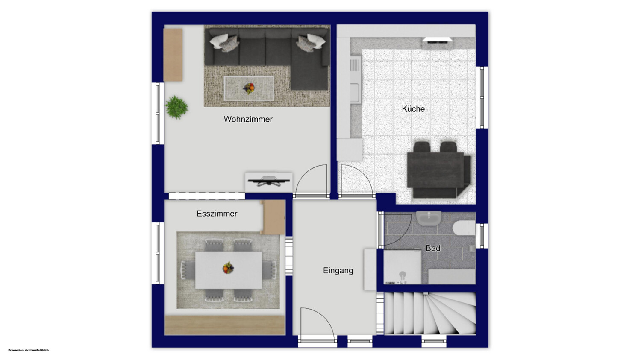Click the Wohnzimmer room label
[248, 119]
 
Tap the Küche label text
[413, 108]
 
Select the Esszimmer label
[217, 214]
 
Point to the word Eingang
[338, 271]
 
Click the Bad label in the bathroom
[433, 248]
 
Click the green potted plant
[176, 107]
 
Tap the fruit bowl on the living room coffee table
[249, 88]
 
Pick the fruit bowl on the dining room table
[228, 268]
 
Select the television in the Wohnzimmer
[269, 181]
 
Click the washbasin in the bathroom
[429, 218]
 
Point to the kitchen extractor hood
[437, 40]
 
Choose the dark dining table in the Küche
[435, 170]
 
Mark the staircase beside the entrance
[430, 313]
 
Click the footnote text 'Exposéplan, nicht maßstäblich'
[28, 350]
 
